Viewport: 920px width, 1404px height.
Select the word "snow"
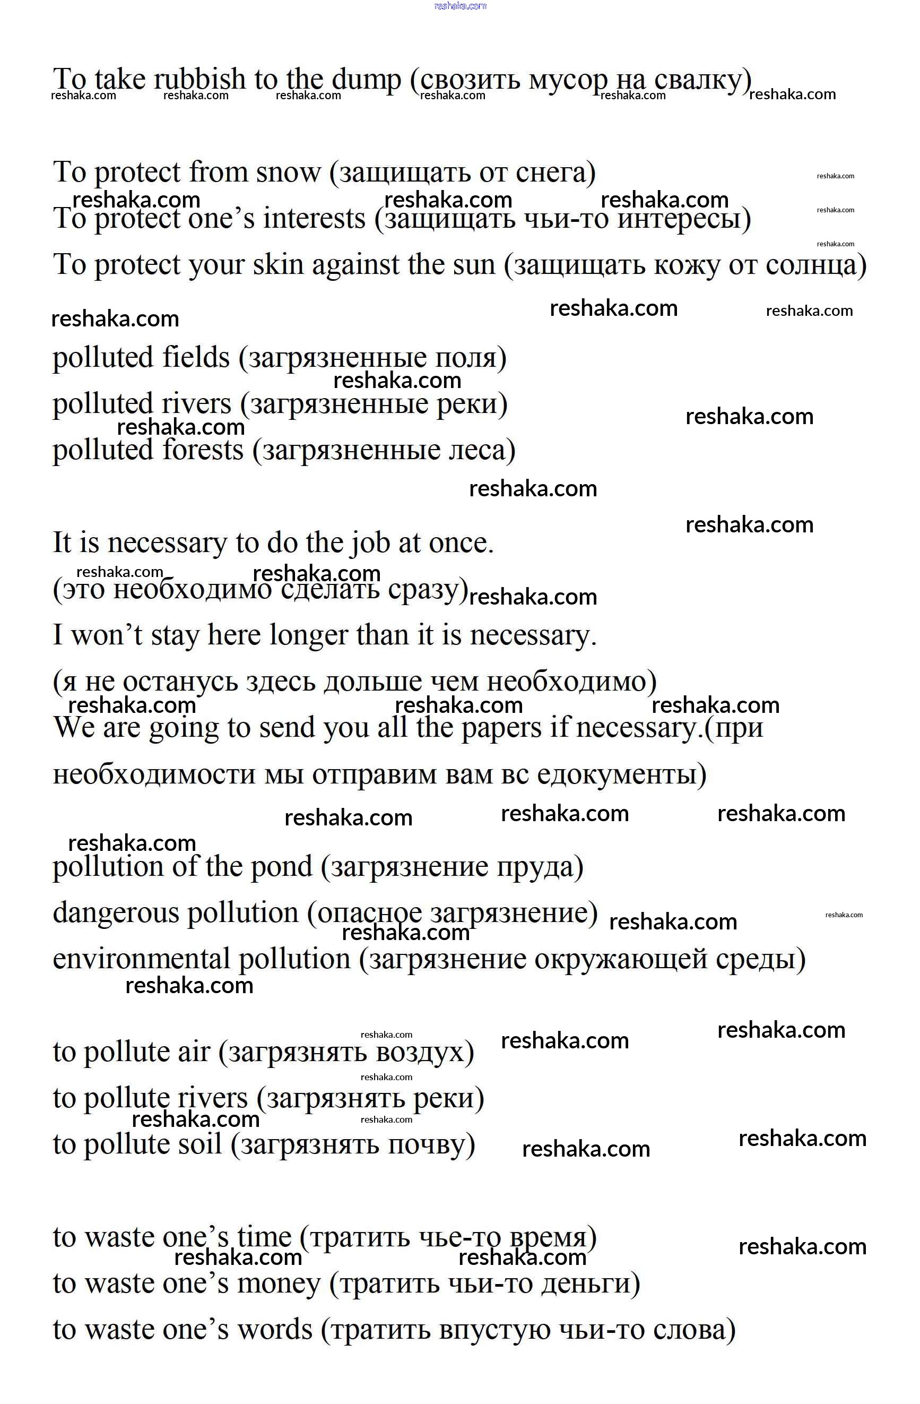(x=289, y=173)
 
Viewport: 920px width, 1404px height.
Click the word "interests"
(x=314, y=218)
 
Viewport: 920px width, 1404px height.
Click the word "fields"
(x=196, y=357)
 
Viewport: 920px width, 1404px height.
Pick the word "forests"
(x=202, y=450)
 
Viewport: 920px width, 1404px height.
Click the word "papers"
(x=501, y=728)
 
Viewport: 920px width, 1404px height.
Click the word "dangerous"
(x=116, y=913)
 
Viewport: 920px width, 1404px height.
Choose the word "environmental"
(x=141, y=959)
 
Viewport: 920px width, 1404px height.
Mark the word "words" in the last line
(x=275, y=1330)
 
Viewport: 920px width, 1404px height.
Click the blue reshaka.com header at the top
(x=460, y=6)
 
